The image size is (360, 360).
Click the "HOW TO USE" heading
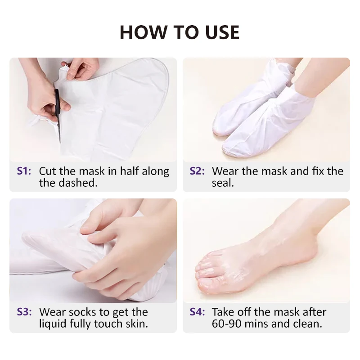click(x=180, y=32)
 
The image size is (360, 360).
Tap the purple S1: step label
click(x=24, y=171)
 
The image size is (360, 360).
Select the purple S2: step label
click(x=197, y=171)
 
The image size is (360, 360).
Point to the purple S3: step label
click(x=24, y=312)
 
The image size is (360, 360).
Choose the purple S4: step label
click(x=197, y=312)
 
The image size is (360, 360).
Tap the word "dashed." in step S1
click(x=81, y=183)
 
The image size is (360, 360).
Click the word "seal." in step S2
click(x=223, y=183)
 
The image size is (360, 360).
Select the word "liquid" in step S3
click(x=54, y=324)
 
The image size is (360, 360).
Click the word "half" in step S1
click(x=126, y=171)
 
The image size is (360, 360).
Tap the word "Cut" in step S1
click(x=48, y=171)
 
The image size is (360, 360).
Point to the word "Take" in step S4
click(x=224, y=312)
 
